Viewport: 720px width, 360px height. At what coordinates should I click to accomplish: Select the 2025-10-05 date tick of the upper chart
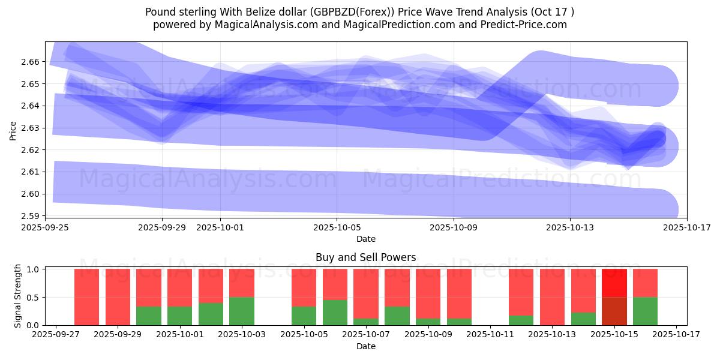[x=337, y=228]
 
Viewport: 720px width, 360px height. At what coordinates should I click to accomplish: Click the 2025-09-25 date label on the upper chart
[x=45, y=228]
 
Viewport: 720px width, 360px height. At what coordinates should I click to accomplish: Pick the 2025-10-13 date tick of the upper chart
[x=570, y=228]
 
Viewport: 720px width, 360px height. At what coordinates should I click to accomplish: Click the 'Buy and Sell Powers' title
[x=365, y=258]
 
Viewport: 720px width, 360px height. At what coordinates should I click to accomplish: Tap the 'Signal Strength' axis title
[x=18, y=296]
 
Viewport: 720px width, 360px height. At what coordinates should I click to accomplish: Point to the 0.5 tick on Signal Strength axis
[x=34, y=297]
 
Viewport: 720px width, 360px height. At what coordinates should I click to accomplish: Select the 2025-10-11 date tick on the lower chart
[x=490, y=335]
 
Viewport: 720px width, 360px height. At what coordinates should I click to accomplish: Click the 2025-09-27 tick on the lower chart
[x=56, y=335]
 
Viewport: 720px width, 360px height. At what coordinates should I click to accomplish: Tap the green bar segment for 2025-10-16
[x=645, y=311]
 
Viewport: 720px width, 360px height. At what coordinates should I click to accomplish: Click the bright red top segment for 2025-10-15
[x=614, y=283]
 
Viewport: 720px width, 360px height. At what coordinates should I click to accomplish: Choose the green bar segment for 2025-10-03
[x=242, y=311]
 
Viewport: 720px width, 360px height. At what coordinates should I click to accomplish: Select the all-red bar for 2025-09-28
[x=86, y=297]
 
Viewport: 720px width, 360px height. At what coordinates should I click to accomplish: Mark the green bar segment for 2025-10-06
[x=335, y=312]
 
